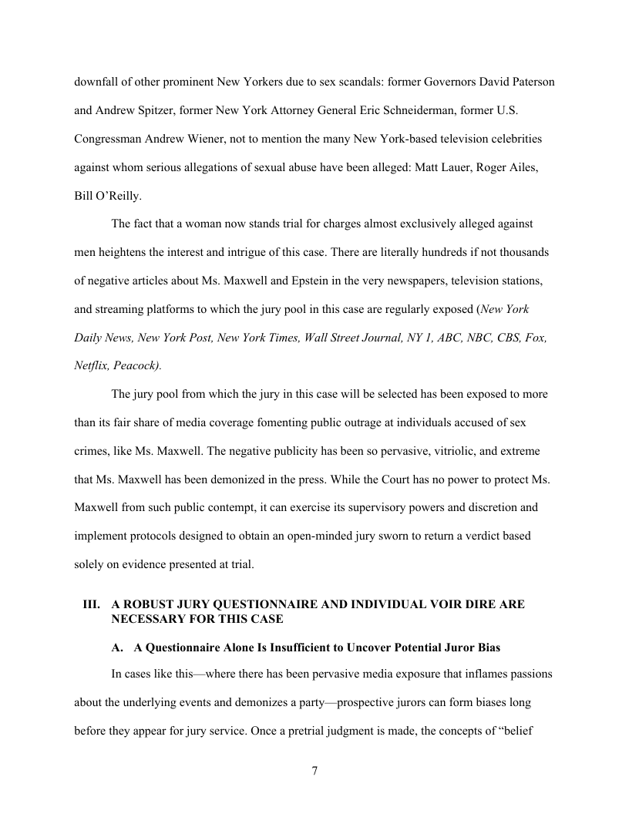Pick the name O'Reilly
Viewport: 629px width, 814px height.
point(118,197)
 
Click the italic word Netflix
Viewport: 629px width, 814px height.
point(92,366)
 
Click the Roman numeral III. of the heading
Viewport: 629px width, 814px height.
point(92,604)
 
